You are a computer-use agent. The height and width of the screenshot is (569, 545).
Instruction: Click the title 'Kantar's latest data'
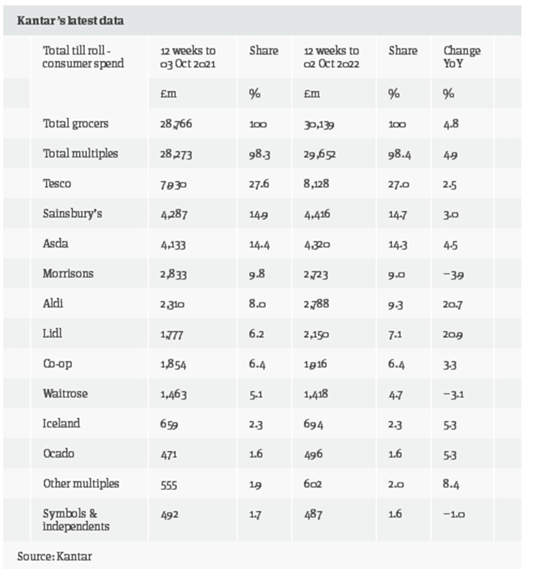[x=71, y=21]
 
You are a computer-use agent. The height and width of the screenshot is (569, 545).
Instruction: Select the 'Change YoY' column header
[x=461, y=57]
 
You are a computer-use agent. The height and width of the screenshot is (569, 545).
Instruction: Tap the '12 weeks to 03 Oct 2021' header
[x=187, y=57]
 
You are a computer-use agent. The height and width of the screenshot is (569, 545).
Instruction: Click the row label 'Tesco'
[x=56, y=184]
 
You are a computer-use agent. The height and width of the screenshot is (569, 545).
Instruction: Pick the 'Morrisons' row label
[x=68, y=274]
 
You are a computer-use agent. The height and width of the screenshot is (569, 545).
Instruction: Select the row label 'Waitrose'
[x=65, y=394]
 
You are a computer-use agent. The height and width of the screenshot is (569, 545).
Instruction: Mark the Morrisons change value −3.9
[x=453, y=274]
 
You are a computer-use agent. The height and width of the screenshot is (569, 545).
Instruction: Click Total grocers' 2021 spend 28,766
[x=175, y=125]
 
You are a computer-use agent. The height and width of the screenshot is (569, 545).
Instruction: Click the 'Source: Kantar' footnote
[x=54, y=556]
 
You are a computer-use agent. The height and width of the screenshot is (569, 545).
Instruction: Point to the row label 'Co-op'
[x=58, y=363]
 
